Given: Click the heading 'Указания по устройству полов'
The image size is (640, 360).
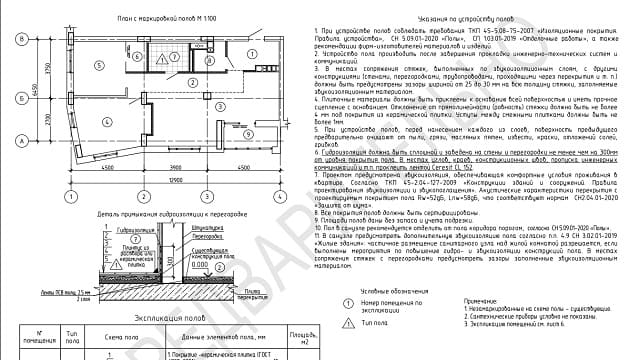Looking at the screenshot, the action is (444, 20).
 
